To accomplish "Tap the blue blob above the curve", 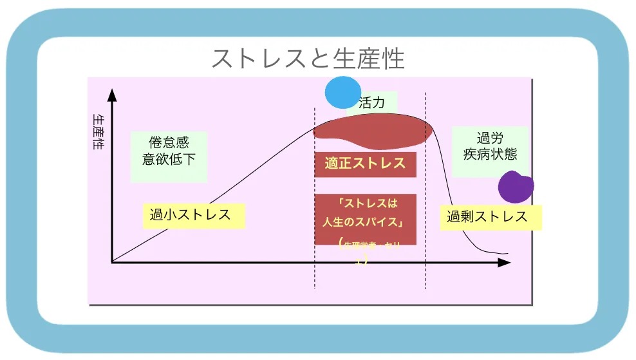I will click(x=342, y=93).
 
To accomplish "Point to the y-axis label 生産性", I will click(x=98, y=132).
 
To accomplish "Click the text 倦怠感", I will click(x=169, y=142).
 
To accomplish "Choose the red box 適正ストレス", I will click(x=365, y=164).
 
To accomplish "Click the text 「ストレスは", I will click(x=365, y=205).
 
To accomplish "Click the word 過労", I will click(x=490, y=138).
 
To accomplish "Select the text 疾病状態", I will click(x=490, y=155).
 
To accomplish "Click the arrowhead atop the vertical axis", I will click(x=112, y=95).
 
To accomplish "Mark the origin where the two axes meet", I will click(x=112, y=262).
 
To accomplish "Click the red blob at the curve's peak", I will click(x=371, y=129).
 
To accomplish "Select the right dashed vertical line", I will click(x=426, y=193).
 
